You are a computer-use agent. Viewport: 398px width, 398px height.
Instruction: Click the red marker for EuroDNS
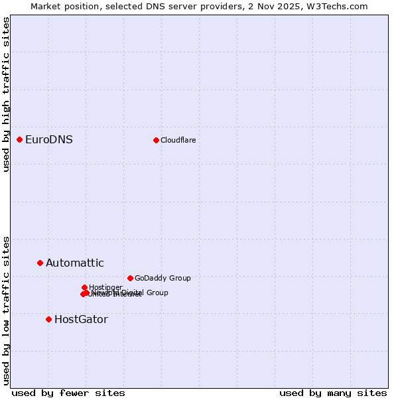point(20,139)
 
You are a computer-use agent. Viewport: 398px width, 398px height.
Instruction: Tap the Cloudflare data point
point(156,140)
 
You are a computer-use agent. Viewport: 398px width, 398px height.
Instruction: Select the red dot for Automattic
point(40,263)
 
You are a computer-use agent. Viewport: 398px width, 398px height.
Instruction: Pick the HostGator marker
point(48,319)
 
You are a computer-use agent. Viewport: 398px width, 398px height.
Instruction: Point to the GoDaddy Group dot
point(130,278)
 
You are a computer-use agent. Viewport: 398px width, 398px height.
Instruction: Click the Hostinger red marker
point(84,287)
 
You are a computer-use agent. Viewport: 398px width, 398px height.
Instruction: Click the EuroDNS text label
point(49,139)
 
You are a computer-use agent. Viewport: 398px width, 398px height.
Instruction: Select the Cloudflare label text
point(178,140)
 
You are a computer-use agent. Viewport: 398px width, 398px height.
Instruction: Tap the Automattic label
point(75,263)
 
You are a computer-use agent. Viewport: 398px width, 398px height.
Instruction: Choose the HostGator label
point(81,319)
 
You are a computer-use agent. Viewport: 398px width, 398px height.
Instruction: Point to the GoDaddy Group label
point(163,278)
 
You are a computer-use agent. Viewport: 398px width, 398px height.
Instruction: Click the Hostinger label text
point(105,287)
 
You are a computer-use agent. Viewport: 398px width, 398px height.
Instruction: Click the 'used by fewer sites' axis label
point(68,393)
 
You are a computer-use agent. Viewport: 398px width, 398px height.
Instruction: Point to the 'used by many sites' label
point(333,393)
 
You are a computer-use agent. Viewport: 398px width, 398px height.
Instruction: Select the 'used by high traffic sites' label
point(7,94)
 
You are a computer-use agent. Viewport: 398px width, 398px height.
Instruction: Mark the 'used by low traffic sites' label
point(7,310)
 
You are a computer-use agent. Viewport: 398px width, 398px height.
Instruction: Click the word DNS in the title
point(143,7)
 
